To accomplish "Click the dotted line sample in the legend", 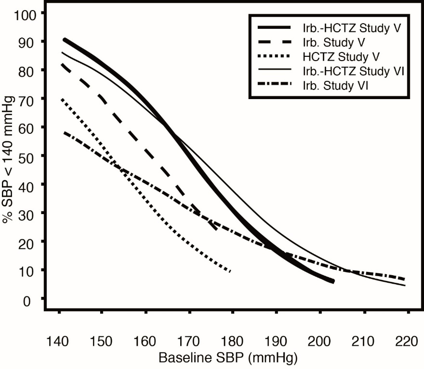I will pos(275,57).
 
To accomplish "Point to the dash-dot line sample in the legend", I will pos(275,85).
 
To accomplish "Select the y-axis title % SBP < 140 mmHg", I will pos(8,156).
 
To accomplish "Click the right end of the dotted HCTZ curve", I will pos(231,272).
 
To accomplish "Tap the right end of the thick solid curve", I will pos(333,281).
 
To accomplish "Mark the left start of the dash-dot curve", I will pos(64,132).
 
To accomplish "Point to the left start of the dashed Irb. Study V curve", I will pos(62,64).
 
